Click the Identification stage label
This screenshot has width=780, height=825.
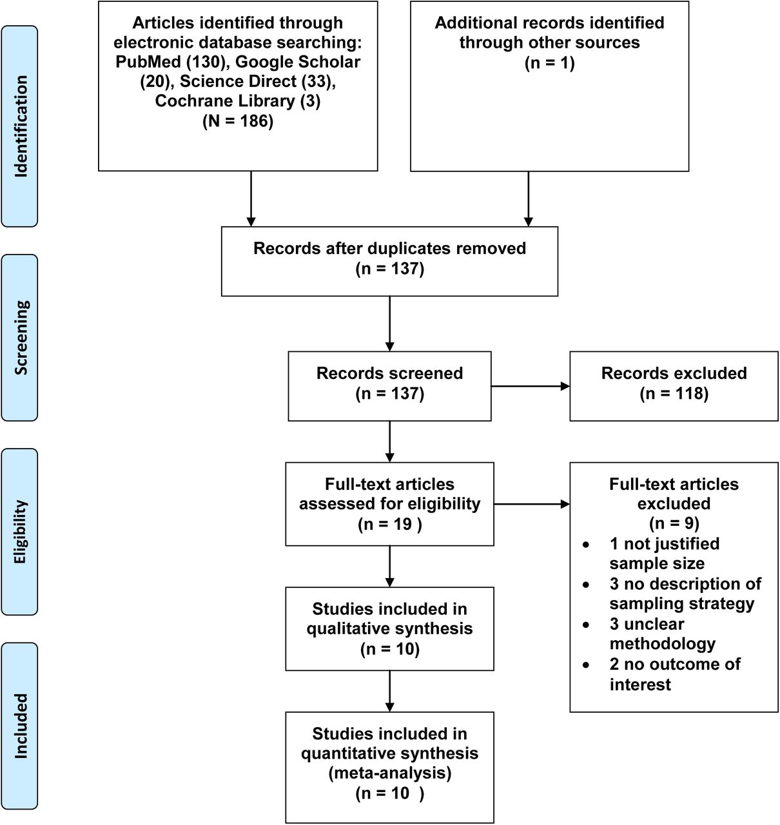click(x=20, y=126)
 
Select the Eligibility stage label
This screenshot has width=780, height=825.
click(x=20, y=532)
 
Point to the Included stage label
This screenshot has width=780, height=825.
click(x=20, y=726)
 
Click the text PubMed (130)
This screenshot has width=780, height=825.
click(x=171, y=62)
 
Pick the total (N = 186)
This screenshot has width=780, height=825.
click(x=238, y=121)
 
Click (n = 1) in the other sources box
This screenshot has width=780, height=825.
click(x=549, y=63)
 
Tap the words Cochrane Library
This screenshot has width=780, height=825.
click(x=225, y=101)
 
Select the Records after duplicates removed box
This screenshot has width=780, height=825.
click(x=389, y=262)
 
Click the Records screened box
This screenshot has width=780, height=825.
click(x=389, y=386)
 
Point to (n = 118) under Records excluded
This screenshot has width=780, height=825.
click(x=674, y=394)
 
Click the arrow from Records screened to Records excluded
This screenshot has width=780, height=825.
click(x=531, y=387)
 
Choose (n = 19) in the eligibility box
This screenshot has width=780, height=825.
click(x=390, y=524)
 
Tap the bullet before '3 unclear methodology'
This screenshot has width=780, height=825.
click(x=586, y=625)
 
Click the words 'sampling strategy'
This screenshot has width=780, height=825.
click(x=682, y=604)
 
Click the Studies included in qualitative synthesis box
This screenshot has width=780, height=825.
click(x=389, y=628)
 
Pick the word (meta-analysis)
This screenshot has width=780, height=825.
click(x=390, y=773)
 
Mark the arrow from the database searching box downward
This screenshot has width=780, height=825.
click(x=251, y=199)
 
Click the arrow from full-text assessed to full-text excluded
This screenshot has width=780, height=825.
click(x=532, y=504)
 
